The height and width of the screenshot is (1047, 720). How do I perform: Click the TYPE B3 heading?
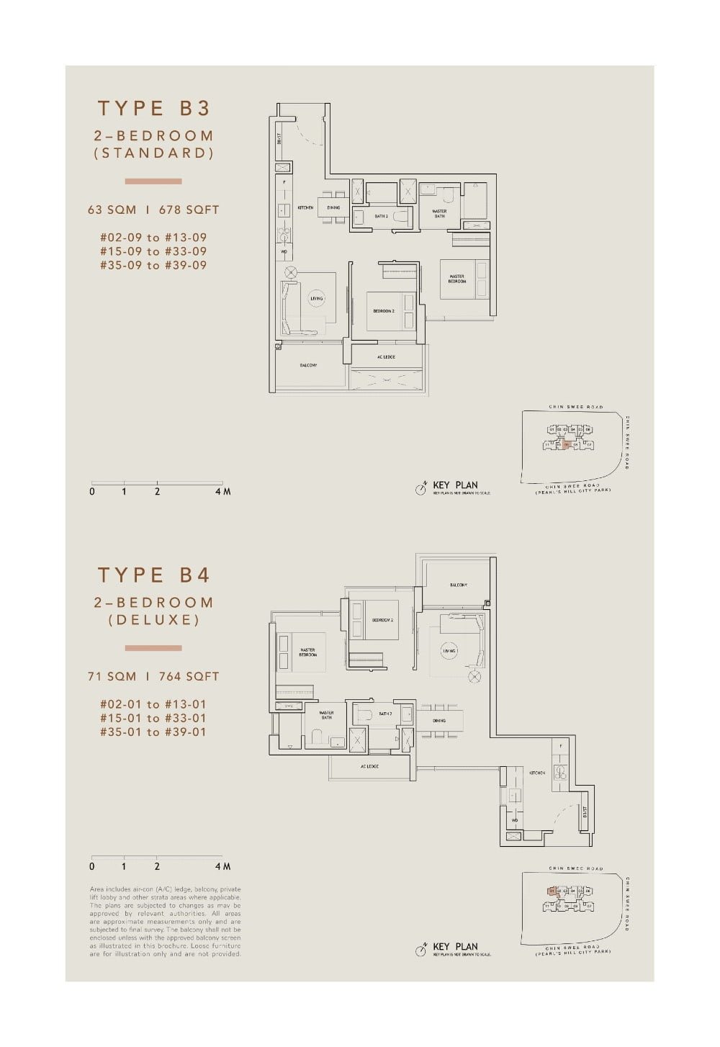point(153,108)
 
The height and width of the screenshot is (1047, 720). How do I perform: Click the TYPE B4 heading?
point(153,575)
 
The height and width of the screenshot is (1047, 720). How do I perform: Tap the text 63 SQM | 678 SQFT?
point(153,210)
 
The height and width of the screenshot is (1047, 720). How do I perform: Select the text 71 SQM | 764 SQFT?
point(153,676)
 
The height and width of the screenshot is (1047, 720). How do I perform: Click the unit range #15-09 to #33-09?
point(153,251)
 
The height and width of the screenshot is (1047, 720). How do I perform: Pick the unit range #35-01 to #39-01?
point(153,732)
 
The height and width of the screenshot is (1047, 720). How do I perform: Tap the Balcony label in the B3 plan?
point(308,365)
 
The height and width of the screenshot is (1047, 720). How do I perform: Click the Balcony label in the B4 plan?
point(459,585)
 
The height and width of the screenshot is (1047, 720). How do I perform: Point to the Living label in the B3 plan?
point(316,298)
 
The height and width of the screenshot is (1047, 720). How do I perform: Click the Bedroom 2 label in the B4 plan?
point(382,619)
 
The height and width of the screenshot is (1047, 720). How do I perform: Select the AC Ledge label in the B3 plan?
point(386,357)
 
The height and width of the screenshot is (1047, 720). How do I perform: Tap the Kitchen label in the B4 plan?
point(537,773)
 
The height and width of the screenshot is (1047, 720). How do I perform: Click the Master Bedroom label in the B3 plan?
point(457,279)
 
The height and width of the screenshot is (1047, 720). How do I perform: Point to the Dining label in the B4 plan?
point(439,720)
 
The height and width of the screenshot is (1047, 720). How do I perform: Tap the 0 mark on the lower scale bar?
point(92,866)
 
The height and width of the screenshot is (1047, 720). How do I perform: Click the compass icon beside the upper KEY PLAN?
point(421,489)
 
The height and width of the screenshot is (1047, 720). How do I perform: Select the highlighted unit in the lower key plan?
point(552,891)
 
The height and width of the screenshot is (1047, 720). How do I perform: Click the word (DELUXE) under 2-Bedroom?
point(153,620)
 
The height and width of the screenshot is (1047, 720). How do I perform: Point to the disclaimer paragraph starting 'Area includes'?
point(166,921)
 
